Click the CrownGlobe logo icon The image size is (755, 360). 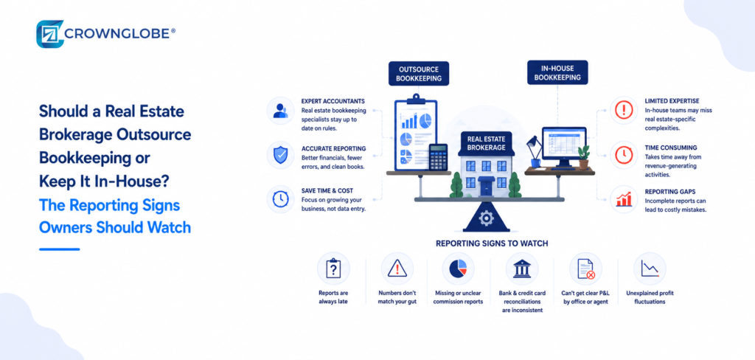pyautogui.click(x=50, y=34)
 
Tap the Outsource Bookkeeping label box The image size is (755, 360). pyautogui.click(x=419, y=73)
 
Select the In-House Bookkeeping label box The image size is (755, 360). pyautogui.click(x=557, y=72)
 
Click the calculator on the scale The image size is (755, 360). pyautogui.click(x=438, y=157)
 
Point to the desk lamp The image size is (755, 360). pyautogui.click(x=534, y=151)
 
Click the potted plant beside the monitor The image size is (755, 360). pyautogui.click(x=584, y=157)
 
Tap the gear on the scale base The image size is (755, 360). pyautogui.click(x=487, y=219)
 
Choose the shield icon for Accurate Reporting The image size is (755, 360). pyautogui.click(x=280, y=155)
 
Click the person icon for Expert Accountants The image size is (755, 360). pyautogui.click(x=280, y=111)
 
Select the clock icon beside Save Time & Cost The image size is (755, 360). pyautogui.click(x=280, y=199)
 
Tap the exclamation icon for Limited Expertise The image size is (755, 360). pyautogui.click(x=624, y=111)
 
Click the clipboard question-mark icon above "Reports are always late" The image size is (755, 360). pyautogui.click(x=333, y=269)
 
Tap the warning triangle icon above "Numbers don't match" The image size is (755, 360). pyautogui.click(x=397, y=269)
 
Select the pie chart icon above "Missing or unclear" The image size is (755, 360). pyautogui.click(x=458, y=269)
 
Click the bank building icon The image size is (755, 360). pyautogui.click(x=522, y=269)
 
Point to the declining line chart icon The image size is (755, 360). pyautogui.click(x=650, y=269)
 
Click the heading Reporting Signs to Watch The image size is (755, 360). pyautogui.click(x=492, y=243)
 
